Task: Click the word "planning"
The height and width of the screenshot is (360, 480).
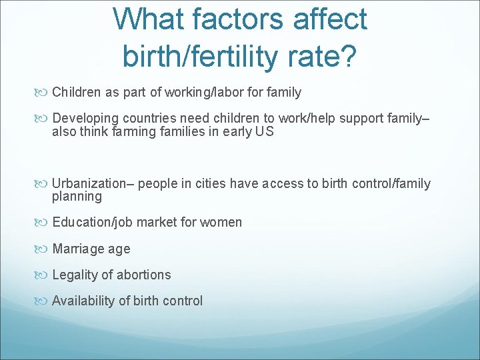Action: pos(77,197)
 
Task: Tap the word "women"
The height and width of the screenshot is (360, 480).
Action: pos(223,223)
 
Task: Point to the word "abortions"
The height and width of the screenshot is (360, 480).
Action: pos(143,275)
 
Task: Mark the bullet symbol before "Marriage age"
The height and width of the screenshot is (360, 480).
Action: pos(45,249)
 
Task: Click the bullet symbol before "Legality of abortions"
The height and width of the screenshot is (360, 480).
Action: pos(45,275)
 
